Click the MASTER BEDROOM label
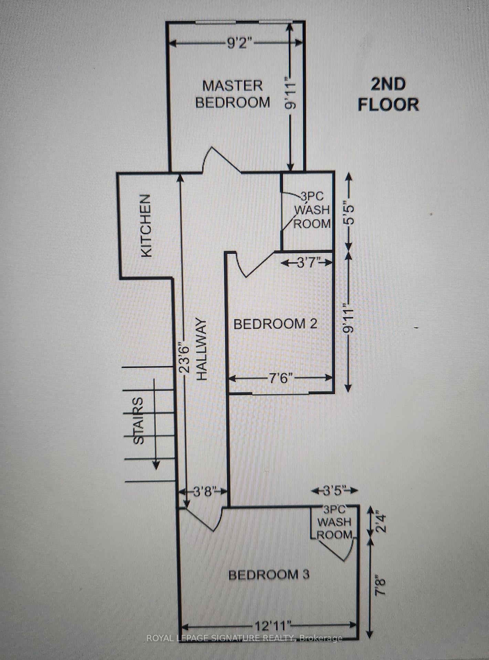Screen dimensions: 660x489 [233, 94]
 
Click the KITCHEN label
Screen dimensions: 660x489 [146, 225]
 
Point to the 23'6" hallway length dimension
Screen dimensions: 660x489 [185, 359]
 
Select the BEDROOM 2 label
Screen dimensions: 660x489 [275, 324]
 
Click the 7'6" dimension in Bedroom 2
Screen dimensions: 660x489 [280, 378]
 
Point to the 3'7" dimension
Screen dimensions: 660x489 [307, 263]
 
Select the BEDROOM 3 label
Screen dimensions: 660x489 [269, 574]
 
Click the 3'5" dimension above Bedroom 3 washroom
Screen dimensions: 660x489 [334, 491]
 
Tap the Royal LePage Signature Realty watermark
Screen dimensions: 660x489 [244, 638]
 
